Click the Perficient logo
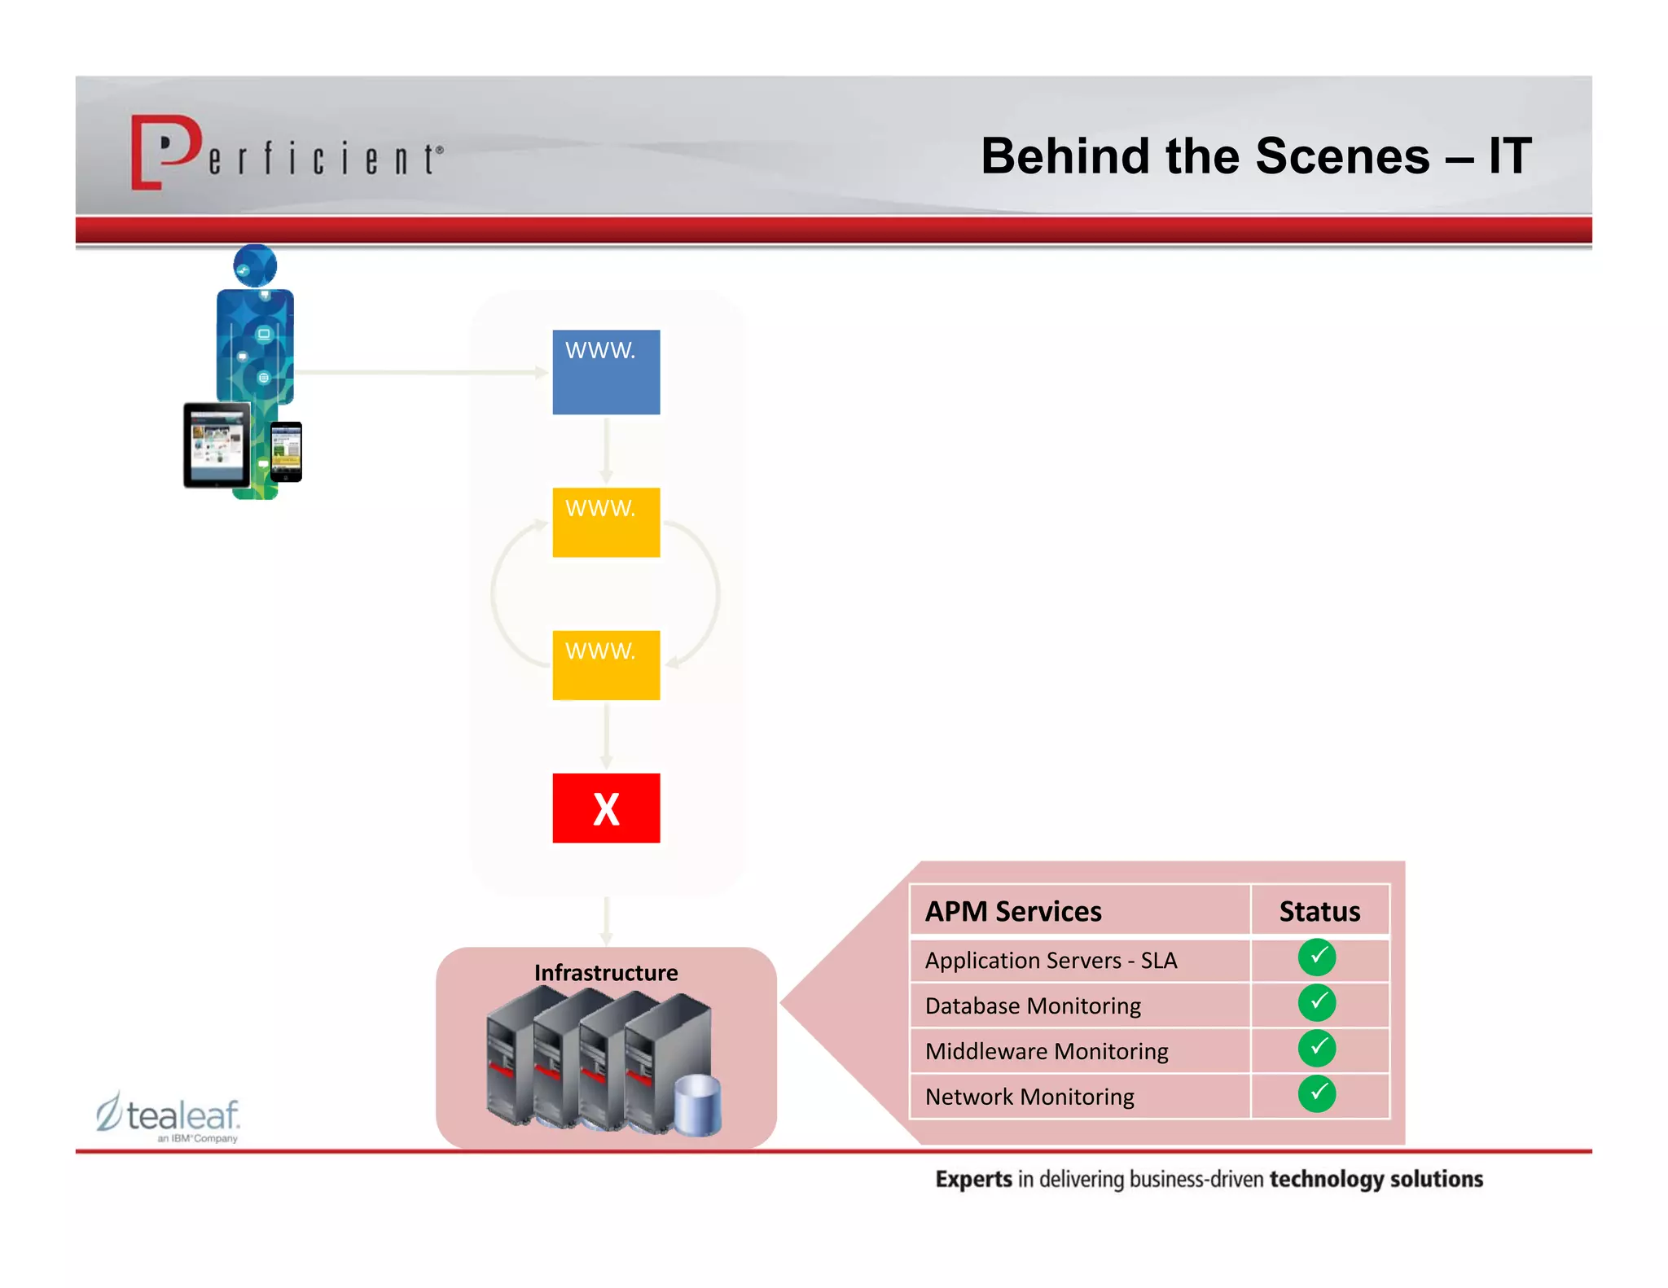(x=285, y=152)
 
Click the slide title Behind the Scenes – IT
(x=1255, y=156)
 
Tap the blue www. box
(x=606, y=372)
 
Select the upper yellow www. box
(x=606, y=522)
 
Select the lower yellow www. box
(x=606, y=664)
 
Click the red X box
(x=606, y=808)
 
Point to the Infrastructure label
(x=606, y=972)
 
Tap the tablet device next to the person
(x=217, y=445)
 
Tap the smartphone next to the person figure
(x=286, y=451)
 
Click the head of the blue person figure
(x=255, y=265)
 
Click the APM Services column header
(x=1013, y=911)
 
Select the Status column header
(x=1319, y=911)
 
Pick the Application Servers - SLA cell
(x=1051, y=960)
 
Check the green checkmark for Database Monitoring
(x=1317, y=1002)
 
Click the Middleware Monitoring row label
(x=1047, y=1051)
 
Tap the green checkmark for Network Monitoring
(x=1317, y=1093)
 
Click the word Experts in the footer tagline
(x=973, y=1179)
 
